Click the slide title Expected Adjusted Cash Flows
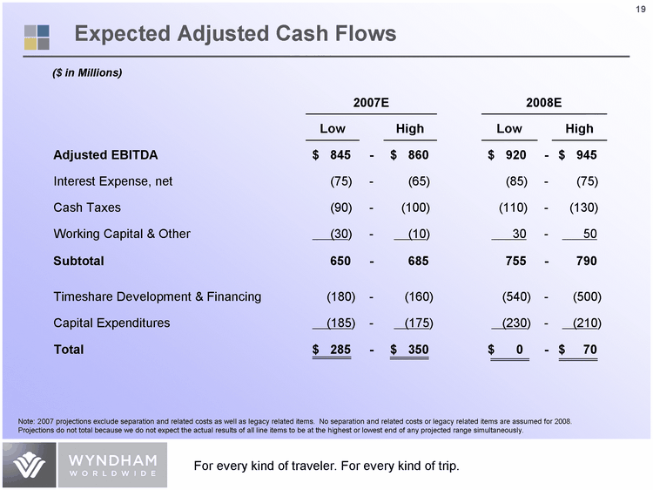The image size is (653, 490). coord(235,34)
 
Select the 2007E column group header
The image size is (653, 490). coord(371,104)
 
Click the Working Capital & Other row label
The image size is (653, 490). coord(122,234)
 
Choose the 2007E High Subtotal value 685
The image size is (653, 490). coord(415,261)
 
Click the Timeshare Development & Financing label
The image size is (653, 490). coord(158,296)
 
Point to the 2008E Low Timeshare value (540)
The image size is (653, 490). coord(511,296)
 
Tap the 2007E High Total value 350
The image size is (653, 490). coord(415,350)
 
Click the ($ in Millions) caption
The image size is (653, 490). coord(88,71)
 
